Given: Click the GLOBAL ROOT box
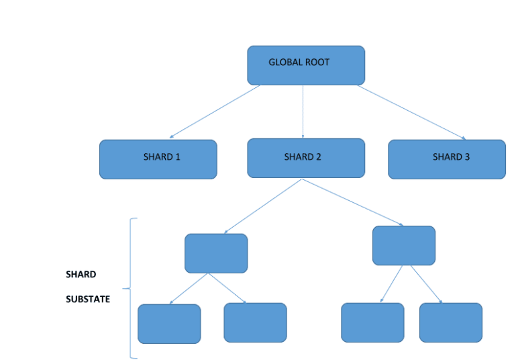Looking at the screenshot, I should click(305, 65).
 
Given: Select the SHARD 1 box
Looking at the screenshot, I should click(158, 159).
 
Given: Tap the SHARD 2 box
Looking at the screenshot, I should click(305, 159).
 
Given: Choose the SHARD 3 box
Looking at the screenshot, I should click(446, 159).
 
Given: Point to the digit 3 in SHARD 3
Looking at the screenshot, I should click(468, 157).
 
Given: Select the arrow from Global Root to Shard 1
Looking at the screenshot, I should click(215, 111).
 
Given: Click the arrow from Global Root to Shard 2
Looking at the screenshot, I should click(303, 111).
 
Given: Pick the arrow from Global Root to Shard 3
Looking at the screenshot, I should click(411, 112).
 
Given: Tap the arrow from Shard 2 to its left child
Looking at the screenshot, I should click(263, 206).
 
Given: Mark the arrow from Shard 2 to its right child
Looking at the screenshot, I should click(352, 202).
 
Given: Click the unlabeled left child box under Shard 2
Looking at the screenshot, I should click(216, 253).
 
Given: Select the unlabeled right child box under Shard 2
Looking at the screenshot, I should click(403, 245).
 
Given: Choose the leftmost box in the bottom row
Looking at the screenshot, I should click(169, 323).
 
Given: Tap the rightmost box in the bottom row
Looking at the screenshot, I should click(450, 322).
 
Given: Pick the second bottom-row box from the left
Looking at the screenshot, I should click(255, 322).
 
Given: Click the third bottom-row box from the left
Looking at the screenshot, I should click(372, 322).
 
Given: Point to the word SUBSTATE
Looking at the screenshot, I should click(88, 300).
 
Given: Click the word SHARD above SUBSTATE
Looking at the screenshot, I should click(81, 275).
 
